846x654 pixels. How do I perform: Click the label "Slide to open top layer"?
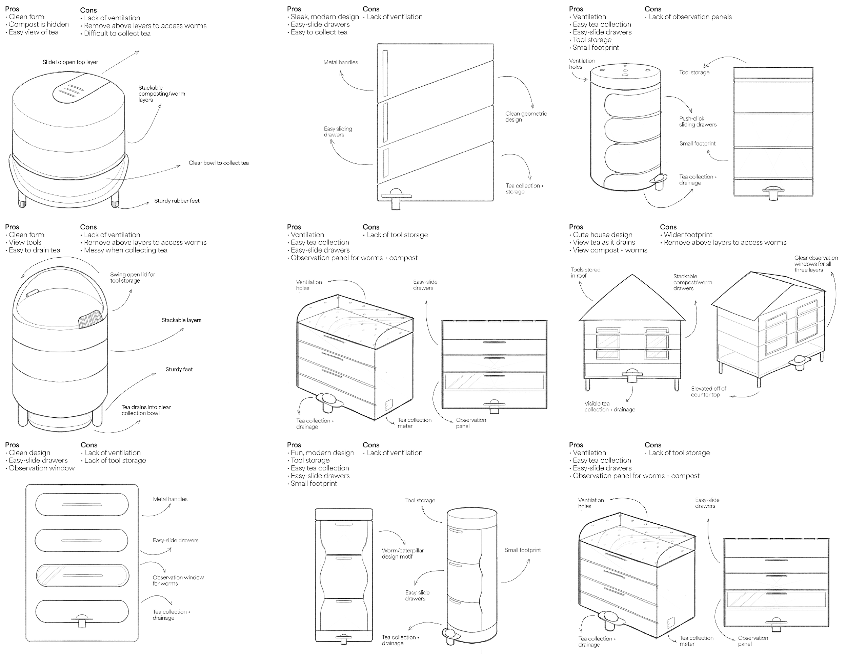tap(70, 62)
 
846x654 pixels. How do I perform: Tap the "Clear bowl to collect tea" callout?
tap(219, 163)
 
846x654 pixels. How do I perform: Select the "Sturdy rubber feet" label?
tap(177, 201)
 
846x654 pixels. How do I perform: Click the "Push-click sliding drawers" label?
tap(698, 121)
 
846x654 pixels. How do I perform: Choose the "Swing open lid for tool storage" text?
tap(132, 277)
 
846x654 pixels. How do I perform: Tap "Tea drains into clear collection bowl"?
tap(146, 410)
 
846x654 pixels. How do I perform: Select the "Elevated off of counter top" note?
tap(709, 391)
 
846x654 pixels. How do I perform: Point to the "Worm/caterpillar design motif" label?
tap(402, 553)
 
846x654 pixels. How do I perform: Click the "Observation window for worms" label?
tap(178, 580)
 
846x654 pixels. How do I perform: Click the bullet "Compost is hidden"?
tap(39, 24)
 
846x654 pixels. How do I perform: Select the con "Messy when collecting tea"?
tap(126, 250)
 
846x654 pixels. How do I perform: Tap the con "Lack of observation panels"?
tap(690, 17)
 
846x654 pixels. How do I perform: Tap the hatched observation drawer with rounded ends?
tap(82, 575)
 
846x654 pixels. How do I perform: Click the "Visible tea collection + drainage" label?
tap(609, 407)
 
